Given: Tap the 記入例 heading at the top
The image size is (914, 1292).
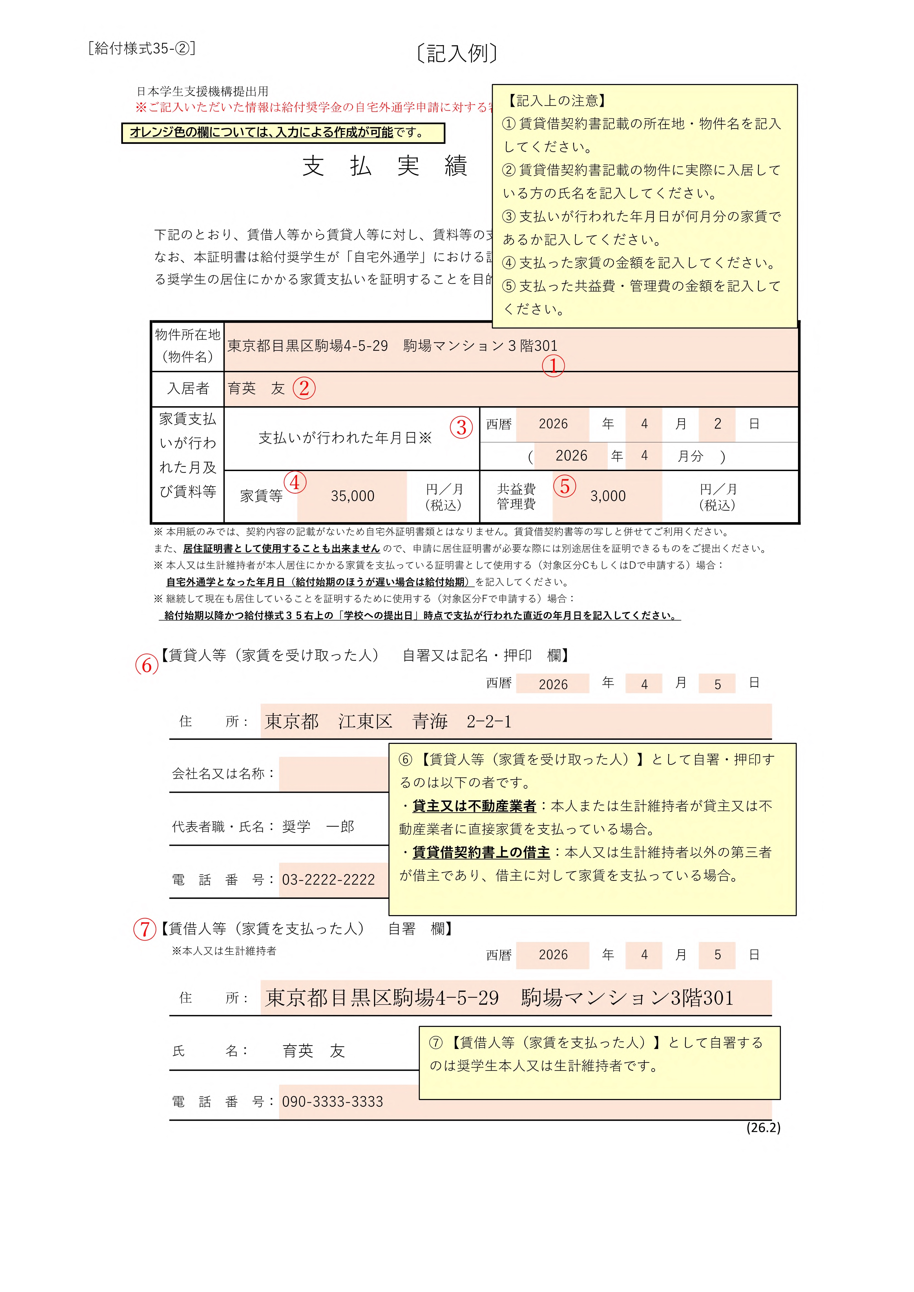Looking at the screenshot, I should click(x=457, y=54).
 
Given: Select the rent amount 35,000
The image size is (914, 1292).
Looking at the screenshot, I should click(x=352, y=496).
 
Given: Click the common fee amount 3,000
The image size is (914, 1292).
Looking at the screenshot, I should click(x=608, y=496).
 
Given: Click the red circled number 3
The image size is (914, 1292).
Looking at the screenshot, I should click(x=461, y=428).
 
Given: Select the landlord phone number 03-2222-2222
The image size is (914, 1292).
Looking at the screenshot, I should click(x=328, y=879).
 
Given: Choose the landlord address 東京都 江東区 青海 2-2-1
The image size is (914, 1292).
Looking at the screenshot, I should click(x=388, y=722).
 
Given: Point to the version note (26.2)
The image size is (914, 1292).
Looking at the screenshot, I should click(x=763, y=1127).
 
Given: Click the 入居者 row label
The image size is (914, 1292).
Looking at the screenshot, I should click(x=188, y=388).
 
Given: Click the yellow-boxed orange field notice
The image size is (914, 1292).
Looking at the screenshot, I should click(x=283, y=133).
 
